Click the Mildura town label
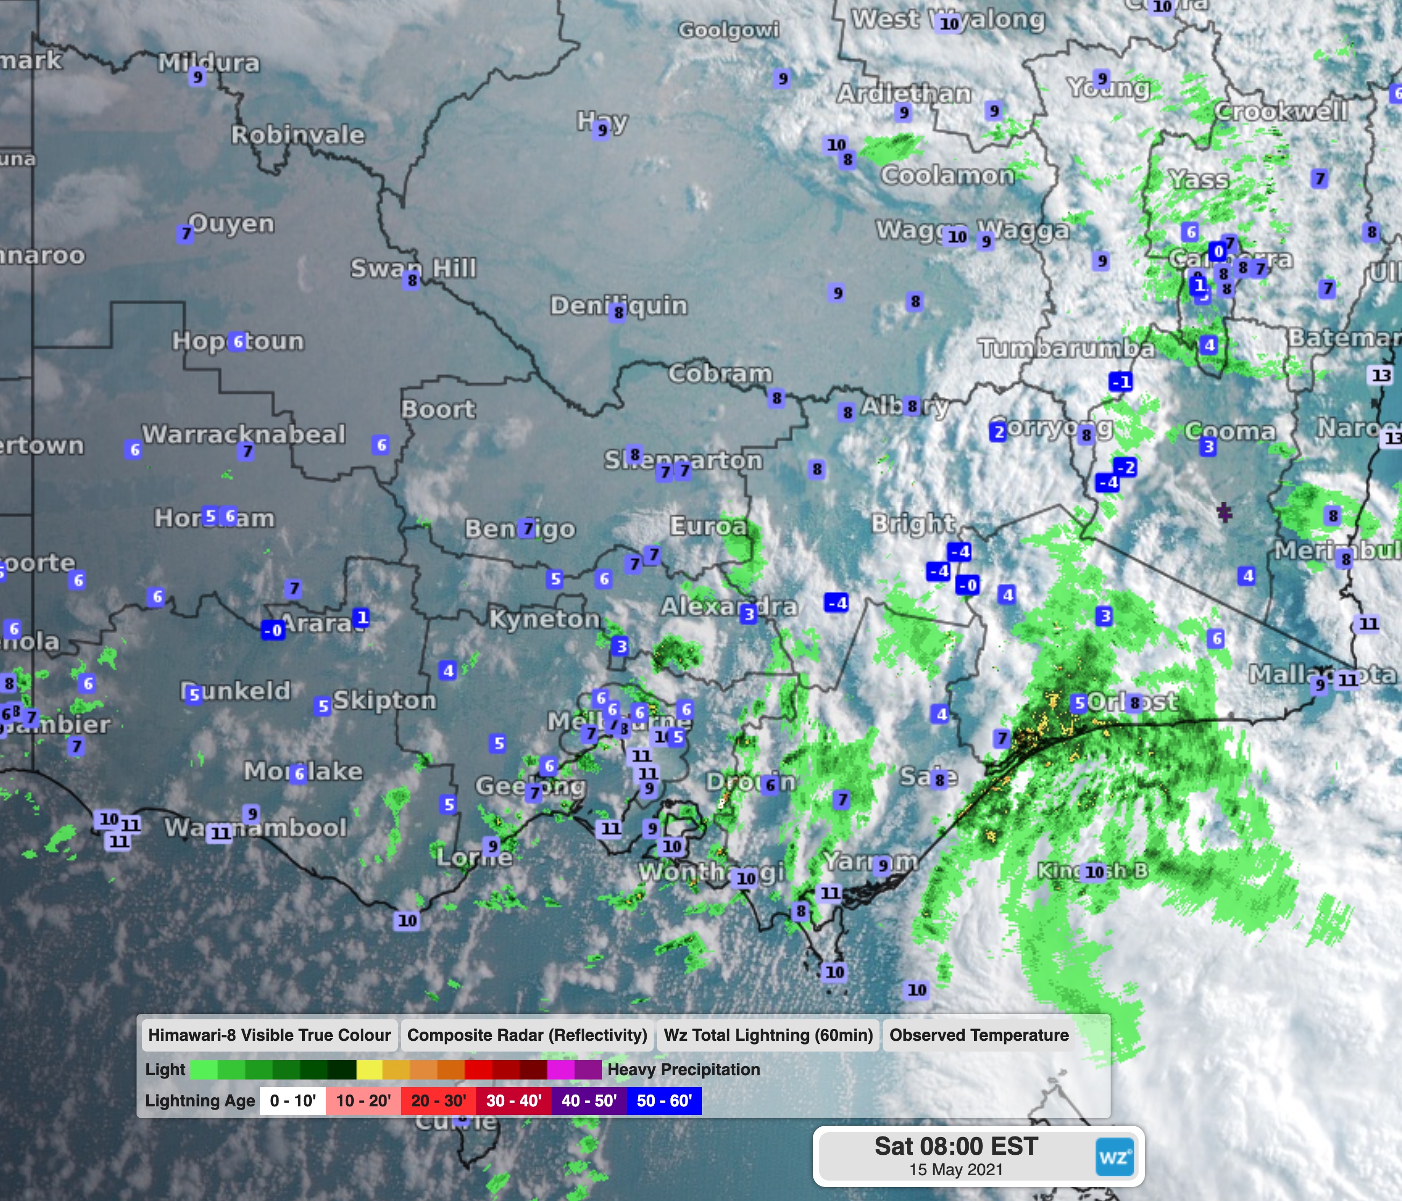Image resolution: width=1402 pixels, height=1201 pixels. tap(209, 63)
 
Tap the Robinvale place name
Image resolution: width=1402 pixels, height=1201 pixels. tap(298, 134)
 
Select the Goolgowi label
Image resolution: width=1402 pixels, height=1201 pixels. tap(729, 30)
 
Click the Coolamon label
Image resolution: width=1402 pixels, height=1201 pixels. tap(947, 175)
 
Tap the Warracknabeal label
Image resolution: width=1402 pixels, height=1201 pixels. tap(244, 434)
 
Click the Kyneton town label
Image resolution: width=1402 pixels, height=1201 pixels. tap(545, 618)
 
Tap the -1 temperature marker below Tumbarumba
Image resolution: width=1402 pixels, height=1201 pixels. tap(1120, 382)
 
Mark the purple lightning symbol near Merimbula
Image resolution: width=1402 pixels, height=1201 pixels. tap(1224, 512)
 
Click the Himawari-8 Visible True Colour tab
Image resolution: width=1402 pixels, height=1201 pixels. tap(269, 1035)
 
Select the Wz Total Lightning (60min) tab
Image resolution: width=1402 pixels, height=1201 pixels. tap(768, 1035)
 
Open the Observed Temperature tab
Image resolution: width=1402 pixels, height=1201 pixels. tap(978, 1035)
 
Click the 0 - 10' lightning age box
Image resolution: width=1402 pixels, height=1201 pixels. tap(292, 1101)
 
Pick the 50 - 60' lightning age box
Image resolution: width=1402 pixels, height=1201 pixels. tap(664, 1101)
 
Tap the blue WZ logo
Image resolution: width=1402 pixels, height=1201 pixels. tap(1114, 1157)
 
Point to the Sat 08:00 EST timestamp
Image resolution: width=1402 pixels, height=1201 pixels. tap(955, 1146)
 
